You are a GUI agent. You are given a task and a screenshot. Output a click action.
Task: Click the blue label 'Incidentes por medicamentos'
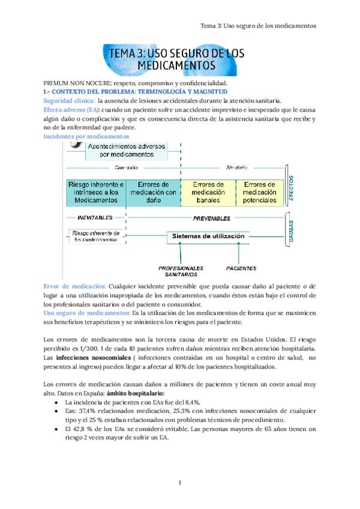click(83, 137)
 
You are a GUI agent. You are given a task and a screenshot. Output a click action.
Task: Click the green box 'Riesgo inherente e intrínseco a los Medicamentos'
click(96, 192)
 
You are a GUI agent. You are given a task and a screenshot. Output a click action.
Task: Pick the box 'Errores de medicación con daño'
click(153, 192)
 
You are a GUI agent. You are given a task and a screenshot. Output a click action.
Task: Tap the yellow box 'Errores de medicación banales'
click(208, 192)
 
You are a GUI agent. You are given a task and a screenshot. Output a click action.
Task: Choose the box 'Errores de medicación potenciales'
click(260, 192)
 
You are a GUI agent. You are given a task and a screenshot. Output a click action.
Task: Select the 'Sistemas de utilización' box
click(208, 236)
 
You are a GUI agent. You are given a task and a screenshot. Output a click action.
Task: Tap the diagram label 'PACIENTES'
click(241, 268)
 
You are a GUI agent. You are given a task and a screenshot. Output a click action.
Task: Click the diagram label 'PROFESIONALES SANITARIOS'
click(181, 271)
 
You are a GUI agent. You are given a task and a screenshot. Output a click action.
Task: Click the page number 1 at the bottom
click(180, 482)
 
